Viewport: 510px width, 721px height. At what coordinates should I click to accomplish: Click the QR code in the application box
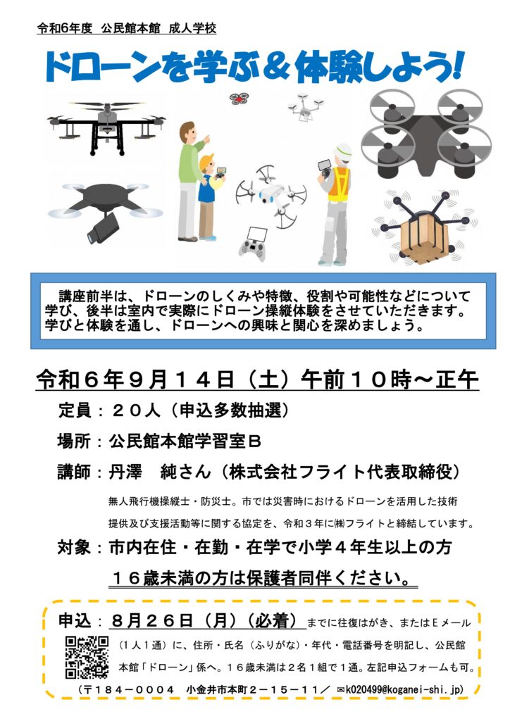87,657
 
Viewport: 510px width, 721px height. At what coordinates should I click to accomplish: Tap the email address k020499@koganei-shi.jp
404,689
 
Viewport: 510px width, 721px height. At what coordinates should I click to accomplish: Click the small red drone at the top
239,98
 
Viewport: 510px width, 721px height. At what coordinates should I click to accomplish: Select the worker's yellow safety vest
339,184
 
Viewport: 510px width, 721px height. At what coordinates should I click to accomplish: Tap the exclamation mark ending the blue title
457,65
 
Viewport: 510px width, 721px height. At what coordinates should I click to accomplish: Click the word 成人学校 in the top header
192,28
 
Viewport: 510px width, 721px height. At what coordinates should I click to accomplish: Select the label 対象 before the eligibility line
74,547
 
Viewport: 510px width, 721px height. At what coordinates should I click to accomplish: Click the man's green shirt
190,163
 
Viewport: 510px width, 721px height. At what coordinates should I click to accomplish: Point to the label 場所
74,441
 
